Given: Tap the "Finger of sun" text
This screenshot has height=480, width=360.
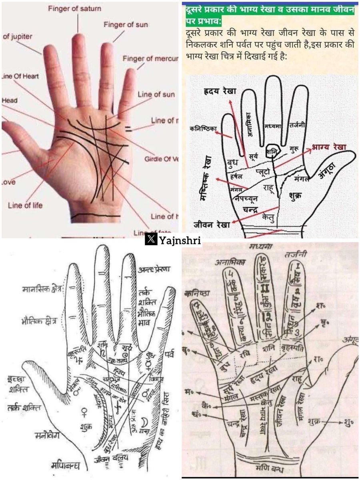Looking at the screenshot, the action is [126, 25].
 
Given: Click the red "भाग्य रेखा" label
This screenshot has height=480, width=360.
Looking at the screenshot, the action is [331, 146].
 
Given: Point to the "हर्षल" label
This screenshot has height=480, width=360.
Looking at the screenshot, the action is [237, 176].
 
